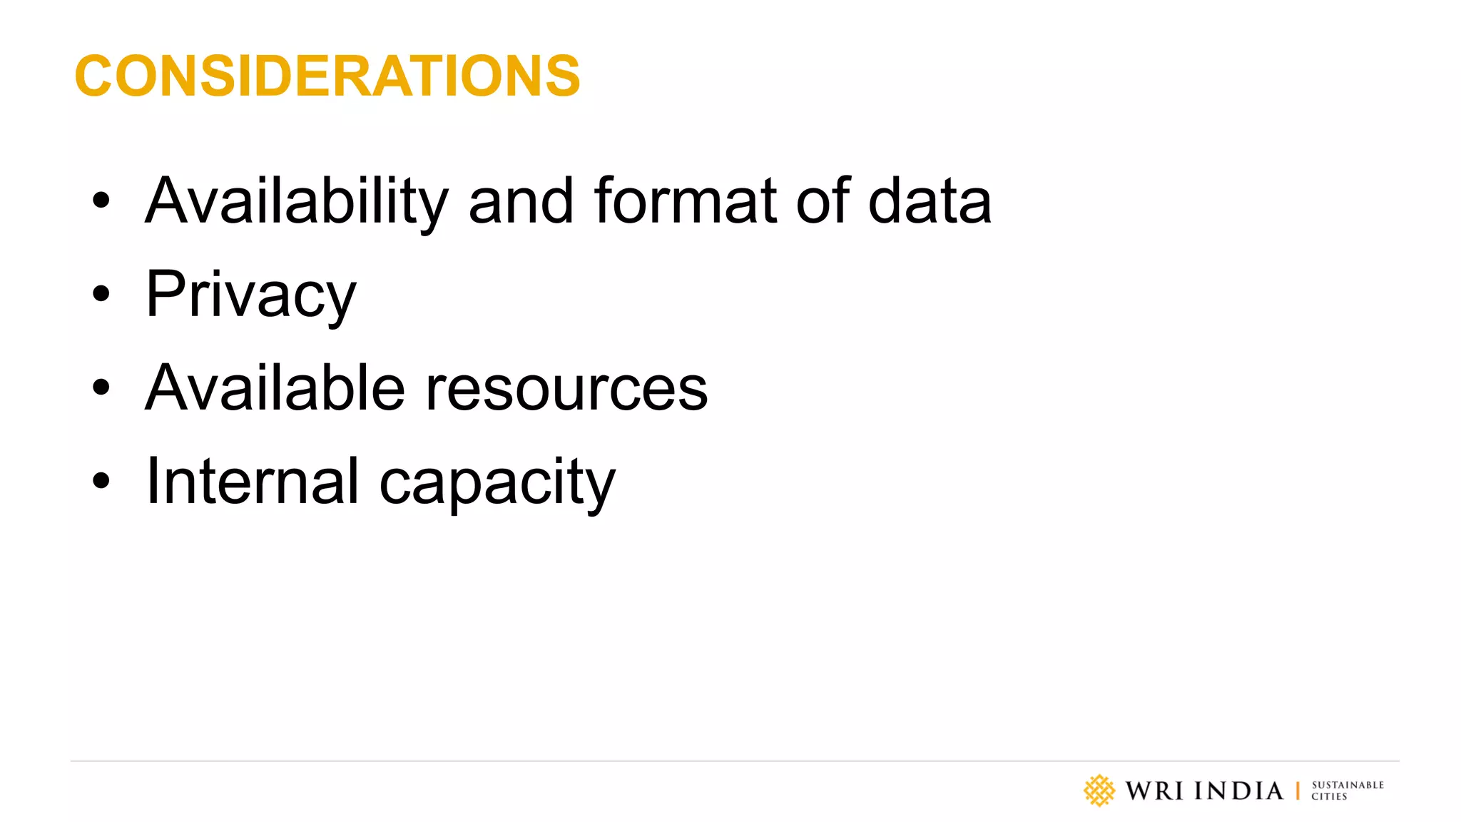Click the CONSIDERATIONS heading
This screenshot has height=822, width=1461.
(x=327, y=76)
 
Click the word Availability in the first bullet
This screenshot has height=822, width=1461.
(x=297, y=202)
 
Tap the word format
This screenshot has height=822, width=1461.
(x=685, y=202)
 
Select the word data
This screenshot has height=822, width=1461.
(x=930, y=202)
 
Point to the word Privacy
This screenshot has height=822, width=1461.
(x=250, y=295)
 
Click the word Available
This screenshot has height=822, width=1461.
(x=275, y=388)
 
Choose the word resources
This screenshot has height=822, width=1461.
(x=566, y=390)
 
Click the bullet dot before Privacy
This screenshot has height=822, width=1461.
(x=101, y=293)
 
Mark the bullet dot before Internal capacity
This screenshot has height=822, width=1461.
(x=101, y=480)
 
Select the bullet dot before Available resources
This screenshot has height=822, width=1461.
(x=101, y=387)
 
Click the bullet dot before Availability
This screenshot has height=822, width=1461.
(x=101, y=201)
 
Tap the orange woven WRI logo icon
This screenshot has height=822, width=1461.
(x=1099, y=791)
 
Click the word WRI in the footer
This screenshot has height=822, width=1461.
(x=1154, y=791)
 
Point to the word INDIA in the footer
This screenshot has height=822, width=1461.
(x=1238, y=791)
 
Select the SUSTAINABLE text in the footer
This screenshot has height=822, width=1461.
(x=1348, y=785)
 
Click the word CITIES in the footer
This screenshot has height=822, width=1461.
(x=1329, y=797)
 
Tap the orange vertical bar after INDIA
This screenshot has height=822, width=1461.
(x=1298, y=791)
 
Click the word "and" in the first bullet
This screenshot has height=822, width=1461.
(x=521, y=202)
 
